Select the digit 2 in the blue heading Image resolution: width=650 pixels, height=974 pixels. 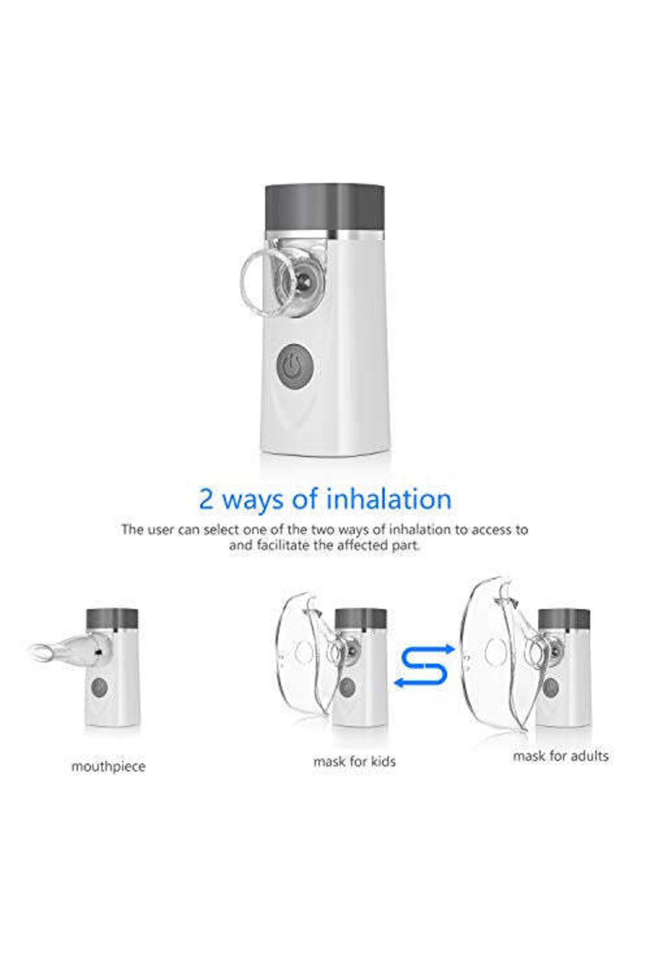click(x=206, y=499)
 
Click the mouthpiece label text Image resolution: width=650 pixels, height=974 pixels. click(x=108, y=767)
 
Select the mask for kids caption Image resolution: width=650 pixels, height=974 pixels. click(x=354, y=761)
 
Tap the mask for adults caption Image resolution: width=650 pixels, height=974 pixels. click(x=561, y=756)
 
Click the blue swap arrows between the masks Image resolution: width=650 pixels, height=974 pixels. click(x=424, y=666)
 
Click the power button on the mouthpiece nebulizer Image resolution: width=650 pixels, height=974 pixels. click(x=100, y=688)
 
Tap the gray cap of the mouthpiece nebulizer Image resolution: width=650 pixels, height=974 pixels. click(x=112, y=620)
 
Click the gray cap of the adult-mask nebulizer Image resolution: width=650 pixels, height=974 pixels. click(x=564, y=619)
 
